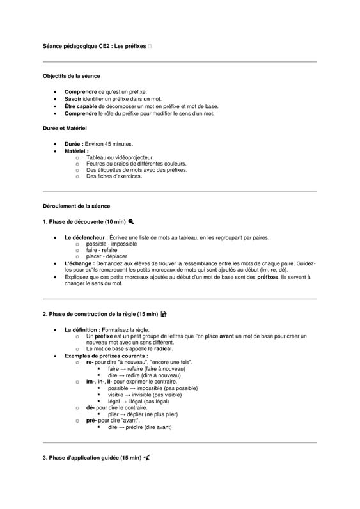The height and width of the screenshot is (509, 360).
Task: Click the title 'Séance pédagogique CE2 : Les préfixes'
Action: (x=95, y=46)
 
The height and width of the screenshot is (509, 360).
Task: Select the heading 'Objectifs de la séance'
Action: (x=71, y=76)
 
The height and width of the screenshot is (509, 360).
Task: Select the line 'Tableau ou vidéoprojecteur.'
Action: (x=120, y=157)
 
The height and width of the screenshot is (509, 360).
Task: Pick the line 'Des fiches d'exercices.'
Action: (x=114, y=176)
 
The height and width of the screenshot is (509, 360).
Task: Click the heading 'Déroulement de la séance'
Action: (x=76, y=207)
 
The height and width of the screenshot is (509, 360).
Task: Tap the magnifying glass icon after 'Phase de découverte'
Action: (x=130, y=221)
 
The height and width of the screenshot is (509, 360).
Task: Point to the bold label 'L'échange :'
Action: (x=81, y=263)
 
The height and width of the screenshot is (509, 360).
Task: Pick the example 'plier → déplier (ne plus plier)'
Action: (x=143, y=414)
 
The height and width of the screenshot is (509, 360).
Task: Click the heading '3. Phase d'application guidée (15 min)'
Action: (x=92, y=458)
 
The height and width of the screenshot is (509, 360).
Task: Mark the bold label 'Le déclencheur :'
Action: (x=86, y=237)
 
